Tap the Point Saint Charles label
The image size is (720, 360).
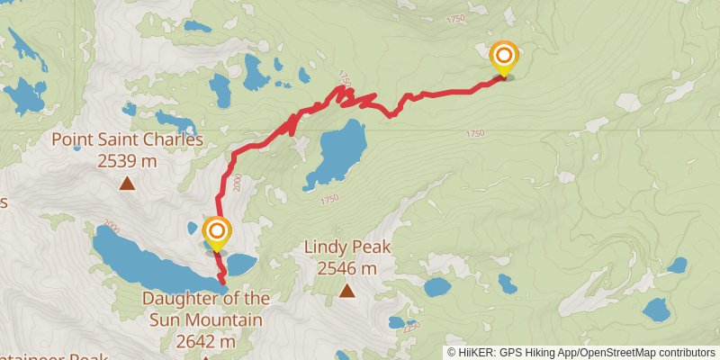[x=127, y=139]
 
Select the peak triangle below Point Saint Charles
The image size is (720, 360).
[x=127, y=184]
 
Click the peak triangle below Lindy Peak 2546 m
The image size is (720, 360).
[x=346, y=290]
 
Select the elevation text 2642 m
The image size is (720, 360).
[x=206, y=341]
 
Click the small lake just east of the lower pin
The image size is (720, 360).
[x=240, y=264]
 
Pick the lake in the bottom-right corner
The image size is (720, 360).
[x=655, y=311]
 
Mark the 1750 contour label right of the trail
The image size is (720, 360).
[x=475, y=133]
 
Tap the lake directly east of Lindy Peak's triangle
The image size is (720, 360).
[x=437, y=287]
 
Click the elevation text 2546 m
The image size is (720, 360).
[x=346, y=267]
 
